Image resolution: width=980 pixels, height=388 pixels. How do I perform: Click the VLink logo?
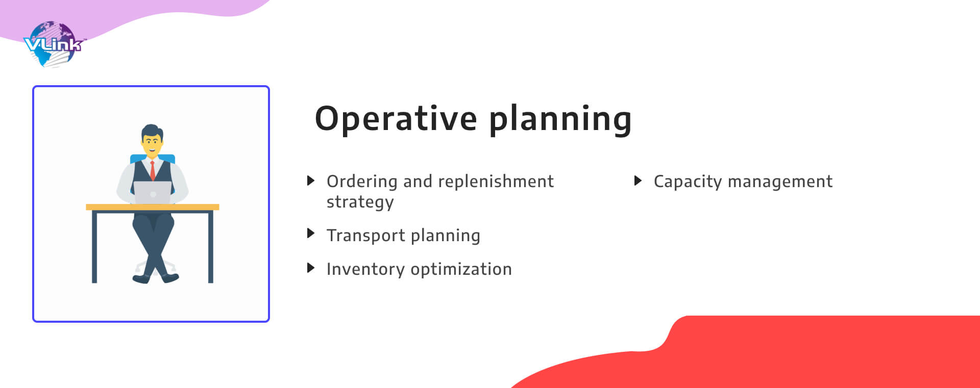pos(53,44)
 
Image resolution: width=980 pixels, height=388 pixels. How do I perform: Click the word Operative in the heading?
pos(396,119)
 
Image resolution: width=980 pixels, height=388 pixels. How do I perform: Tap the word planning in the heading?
pos(560,119)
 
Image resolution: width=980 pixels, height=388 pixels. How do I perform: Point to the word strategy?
pos(360,202)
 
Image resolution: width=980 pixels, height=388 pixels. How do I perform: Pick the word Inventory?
pos(365,269)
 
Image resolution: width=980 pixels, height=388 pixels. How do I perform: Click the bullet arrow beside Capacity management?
pos(638,180)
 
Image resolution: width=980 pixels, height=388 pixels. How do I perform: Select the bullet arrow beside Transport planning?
pos(310,234)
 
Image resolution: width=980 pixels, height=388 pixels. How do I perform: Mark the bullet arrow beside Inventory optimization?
pos(310,268)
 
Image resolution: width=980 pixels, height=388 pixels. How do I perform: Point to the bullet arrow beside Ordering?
pos(310,180)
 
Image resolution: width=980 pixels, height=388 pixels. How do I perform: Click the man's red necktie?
pos(152,170)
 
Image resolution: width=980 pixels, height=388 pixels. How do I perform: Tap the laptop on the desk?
pos(153,193)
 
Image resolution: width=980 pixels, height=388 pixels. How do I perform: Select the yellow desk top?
pos(153,207)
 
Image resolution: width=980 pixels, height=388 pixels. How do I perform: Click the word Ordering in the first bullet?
pos(362,182)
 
